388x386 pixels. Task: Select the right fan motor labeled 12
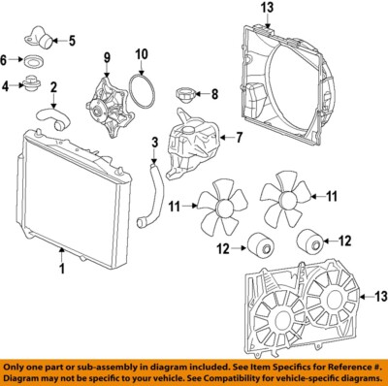[x=309, y=239]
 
